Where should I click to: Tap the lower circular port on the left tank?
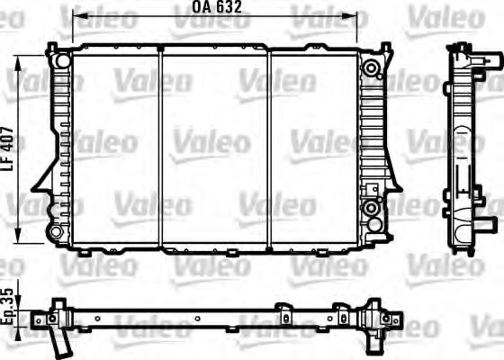coord(57,233)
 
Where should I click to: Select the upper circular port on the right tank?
coord(371,67)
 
